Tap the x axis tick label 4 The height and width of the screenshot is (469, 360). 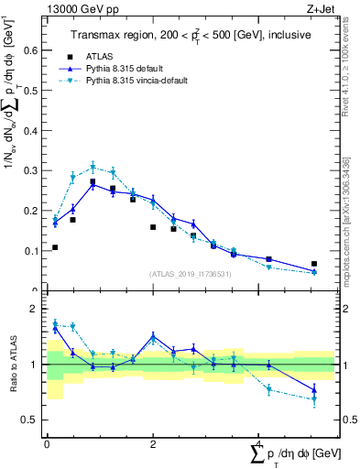pyautogui.click(x=259, y=443)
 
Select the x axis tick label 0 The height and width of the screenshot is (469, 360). pyautogui.click(x=47, y=443)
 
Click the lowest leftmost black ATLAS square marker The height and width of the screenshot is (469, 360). pyautogui.click(x=55, y=247)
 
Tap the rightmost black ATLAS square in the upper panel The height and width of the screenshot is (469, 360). pyautogui.click(x=314, y=264)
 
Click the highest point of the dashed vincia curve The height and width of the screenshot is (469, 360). pyautogui.click(x=93, y=167)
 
